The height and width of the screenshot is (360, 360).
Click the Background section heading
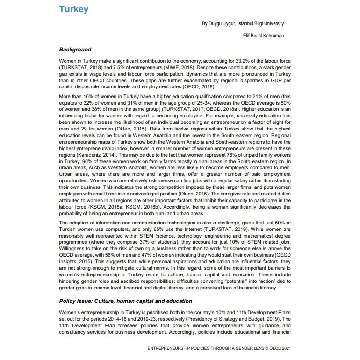point(75,50)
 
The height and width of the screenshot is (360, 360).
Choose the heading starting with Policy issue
point(125,301)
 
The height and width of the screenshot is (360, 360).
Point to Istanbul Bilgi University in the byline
point(261,23)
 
